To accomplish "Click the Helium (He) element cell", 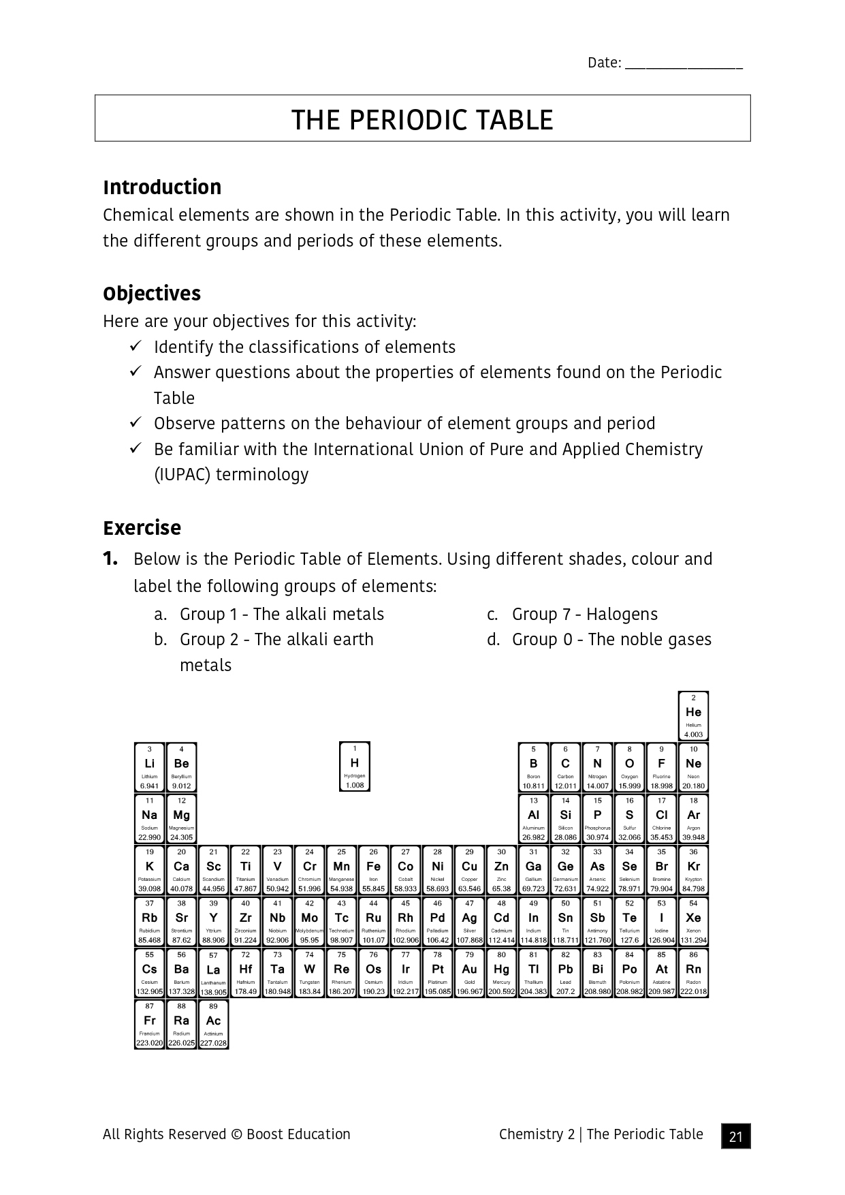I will click(693, 716).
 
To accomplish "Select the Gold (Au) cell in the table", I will click(469, 973).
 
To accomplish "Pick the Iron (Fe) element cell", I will click(373, 870).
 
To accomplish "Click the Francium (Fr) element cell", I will click(149, 1024).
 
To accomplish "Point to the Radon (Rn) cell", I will click(693, 973).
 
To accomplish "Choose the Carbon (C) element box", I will click(565, 767).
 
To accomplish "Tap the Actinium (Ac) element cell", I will click(213, 1024).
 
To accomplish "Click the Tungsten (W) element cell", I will click(309, 973).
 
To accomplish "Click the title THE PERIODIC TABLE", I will click(422, 119).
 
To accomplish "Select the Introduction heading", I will click(162, 187).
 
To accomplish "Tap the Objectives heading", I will click(152, 294).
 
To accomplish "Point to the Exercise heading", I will click(142, 528).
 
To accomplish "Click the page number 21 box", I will click(735, 1136).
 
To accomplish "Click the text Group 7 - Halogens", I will click(584, 614).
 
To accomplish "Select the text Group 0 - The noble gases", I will click(611, 639).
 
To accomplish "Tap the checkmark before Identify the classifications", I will click(135, 346).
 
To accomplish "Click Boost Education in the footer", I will click(298, 1134).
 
